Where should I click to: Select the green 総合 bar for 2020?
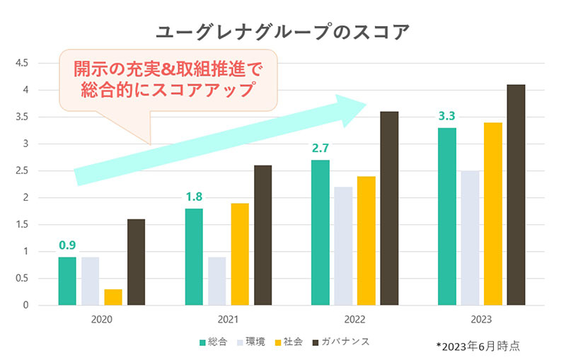(67, 281)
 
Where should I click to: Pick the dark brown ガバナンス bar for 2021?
(262, 235)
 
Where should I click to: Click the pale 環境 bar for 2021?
(216, 281)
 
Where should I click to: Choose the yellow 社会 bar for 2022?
(366, 240)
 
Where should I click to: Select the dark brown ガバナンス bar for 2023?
(516, 194)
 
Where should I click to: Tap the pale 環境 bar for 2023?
(470, 238)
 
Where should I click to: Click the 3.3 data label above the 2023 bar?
(446, 115)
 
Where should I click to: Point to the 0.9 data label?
(67, 245)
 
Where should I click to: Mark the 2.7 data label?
(320, 148)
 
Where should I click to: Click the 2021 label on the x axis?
(228, 320)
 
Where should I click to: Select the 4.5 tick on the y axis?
(21, 63)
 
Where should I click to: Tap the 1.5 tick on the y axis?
(21, 224)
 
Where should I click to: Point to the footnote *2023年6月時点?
(478, 346)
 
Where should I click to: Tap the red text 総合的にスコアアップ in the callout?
(168, 90)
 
